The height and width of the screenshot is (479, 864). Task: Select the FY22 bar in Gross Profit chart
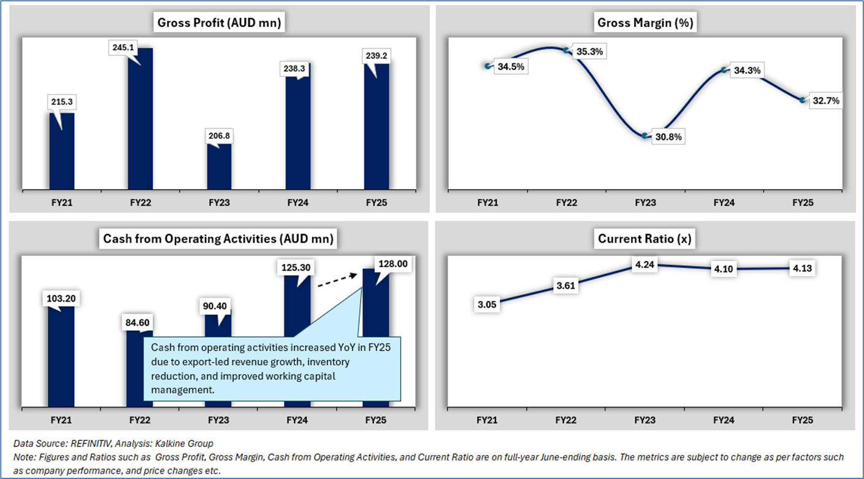(x=140, y=123)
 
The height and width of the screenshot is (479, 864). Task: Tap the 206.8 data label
(x=219, y=136)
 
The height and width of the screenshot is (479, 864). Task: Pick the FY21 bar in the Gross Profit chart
(x=61, y=154)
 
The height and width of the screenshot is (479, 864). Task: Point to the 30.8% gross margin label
(x=667, y=137)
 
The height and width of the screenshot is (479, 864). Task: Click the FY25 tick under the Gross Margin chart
(x=803, y=202)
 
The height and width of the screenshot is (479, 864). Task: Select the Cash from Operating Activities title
(x=219, y=239)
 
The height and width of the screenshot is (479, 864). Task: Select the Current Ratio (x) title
(x=645, y=239)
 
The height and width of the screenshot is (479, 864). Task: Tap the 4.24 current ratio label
(x=645, y=265)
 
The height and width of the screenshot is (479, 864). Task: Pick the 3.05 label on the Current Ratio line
(x=487, y=303)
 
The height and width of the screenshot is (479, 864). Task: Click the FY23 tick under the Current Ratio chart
(x=645, y=420)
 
